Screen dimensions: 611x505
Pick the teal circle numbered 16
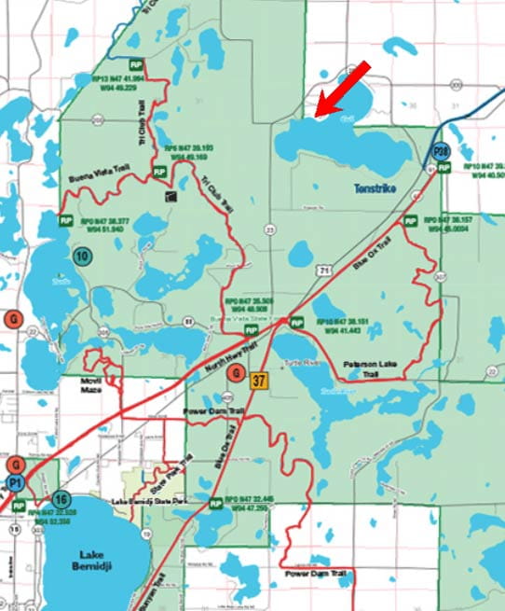click(61, 499)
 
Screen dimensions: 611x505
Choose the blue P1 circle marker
click(15, 482)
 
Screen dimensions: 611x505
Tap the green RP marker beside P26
click(445, 169)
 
